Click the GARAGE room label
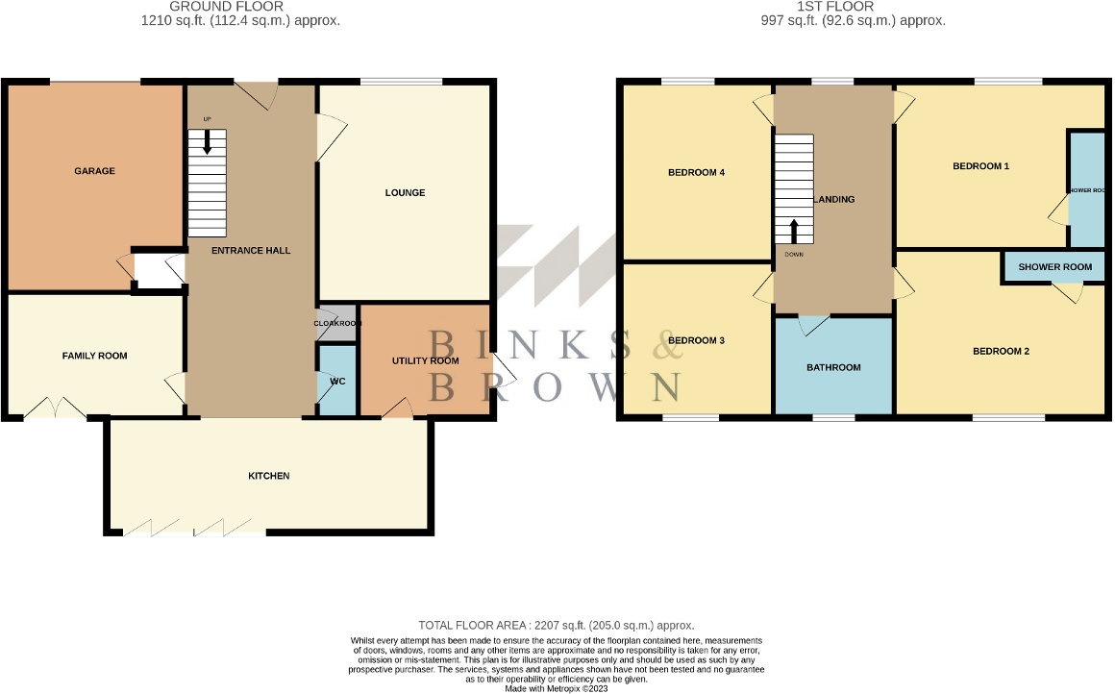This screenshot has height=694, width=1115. [94, 171]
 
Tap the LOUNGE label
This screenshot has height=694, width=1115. [405, 193]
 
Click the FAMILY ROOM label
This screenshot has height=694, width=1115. [94, 356]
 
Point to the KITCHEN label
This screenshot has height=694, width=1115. [269, 477]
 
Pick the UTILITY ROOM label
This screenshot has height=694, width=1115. [425, 360]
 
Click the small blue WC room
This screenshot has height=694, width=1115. [336, 382]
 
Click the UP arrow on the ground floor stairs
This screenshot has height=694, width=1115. [207, 141]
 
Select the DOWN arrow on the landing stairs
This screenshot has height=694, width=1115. [794, 232]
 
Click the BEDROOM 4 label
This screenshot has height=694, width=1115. [696, 173]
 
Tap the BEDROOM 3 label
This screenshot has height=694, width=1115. [696, 341]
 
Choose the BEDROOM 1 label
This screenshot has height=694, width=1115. [980, 166]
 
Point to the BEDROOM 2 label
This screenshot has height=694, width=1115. [1001, 352]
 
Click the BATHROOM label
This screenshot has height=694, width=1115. [833, 367]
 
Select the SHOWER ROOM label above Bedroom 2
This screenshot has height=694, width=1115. [1055, 267]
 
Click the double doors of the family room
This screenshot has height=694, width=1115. [54, 409]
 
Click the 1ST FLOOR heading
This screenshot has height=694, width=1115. [822, 7]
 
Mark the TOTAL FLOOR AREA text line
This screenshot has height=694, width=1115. [557, 625]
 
